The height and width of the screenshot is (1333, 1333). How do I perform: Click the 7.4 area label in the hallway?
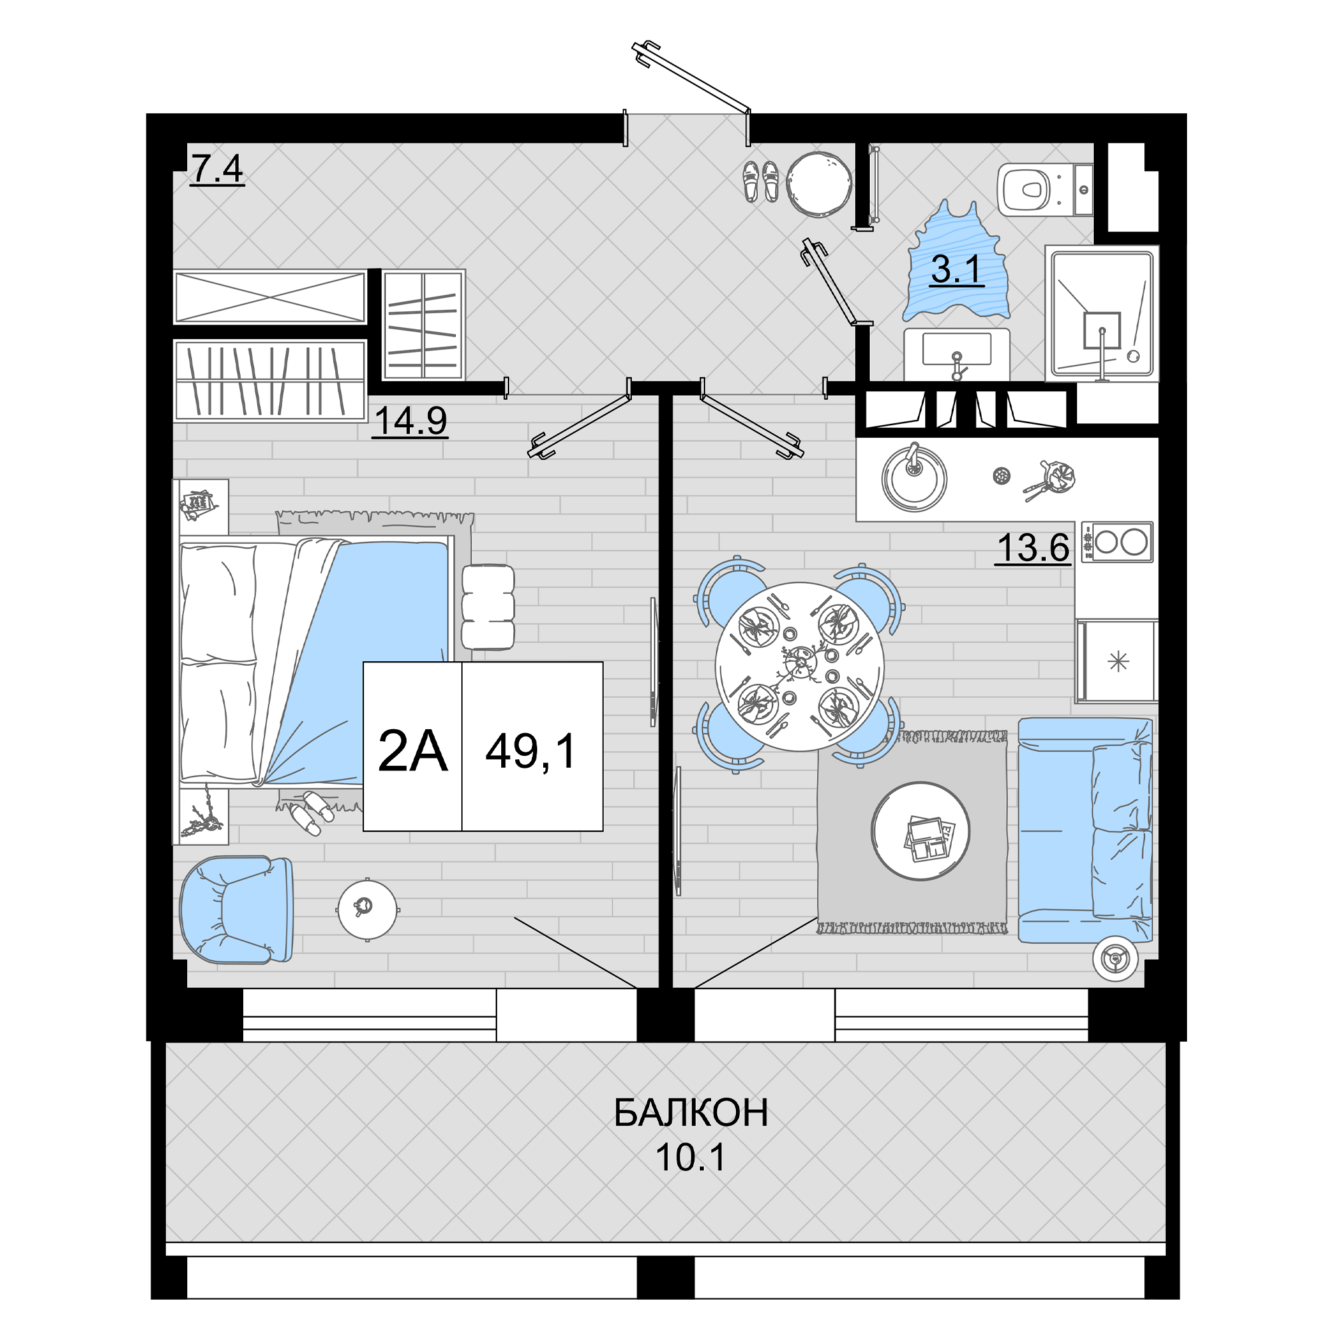[217, 169]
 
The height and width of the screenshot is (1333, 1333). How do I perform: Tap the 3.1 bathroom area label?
[956, 270]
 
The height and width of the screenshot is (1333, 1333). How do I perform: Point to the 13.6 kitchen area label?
[1033, 548]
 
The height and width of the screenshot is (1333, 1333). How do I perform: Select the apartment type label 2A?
[413, 751]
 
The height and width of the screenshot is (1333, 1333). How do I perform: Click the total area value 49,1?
[531, 751]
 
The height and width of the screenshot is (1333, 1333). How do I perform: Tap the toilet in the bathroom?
[1044, 190]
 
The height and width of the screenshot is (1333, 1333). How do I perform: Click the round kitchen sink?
[914, 477]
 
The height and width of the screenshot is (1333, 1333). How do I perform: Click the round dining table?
[799, 666]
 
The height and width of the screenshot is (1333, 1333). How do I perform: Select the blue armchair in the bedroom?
[236, 909]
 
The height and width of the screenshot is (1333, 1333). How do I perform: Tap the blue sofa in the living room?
[1085, 829]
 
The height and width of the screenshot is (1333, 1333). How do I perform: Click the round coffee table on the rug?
[920, 830]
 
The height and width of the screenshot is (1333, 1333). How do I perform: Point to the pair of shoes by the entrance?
[761, 181]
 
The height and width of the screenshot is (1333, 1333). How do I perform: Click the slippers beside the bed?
[311, 813]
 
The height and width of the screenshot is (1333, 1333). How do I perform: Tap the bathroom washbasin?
[956, 355]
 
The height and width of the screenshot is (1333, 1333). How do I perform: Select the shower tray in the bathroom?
[1102, 313]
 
